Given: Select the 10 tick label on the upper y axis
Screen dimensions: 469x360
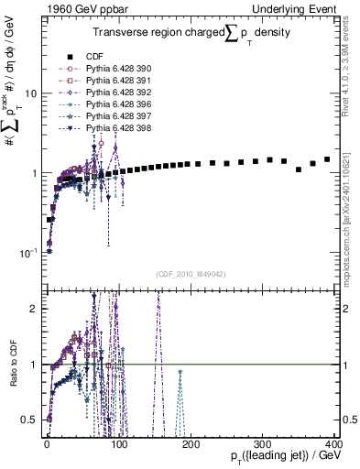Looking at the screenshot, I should (x=30, y=93).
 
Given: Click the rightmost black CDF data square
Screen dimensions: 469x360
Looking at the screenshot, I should (x=327, y=158).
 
